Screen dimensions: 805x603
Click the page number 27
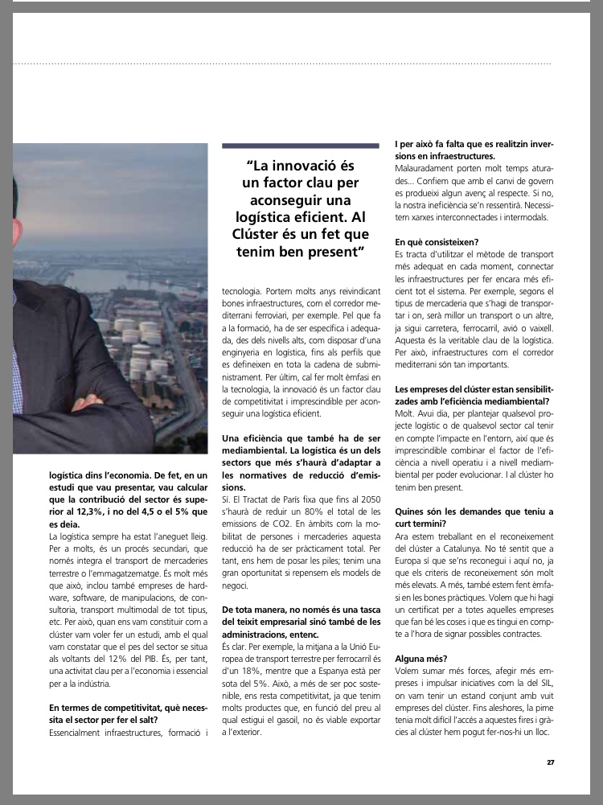click(x=550, y=762)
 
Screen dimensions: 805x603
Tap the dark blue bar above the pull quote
click(x=300, y=146)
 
